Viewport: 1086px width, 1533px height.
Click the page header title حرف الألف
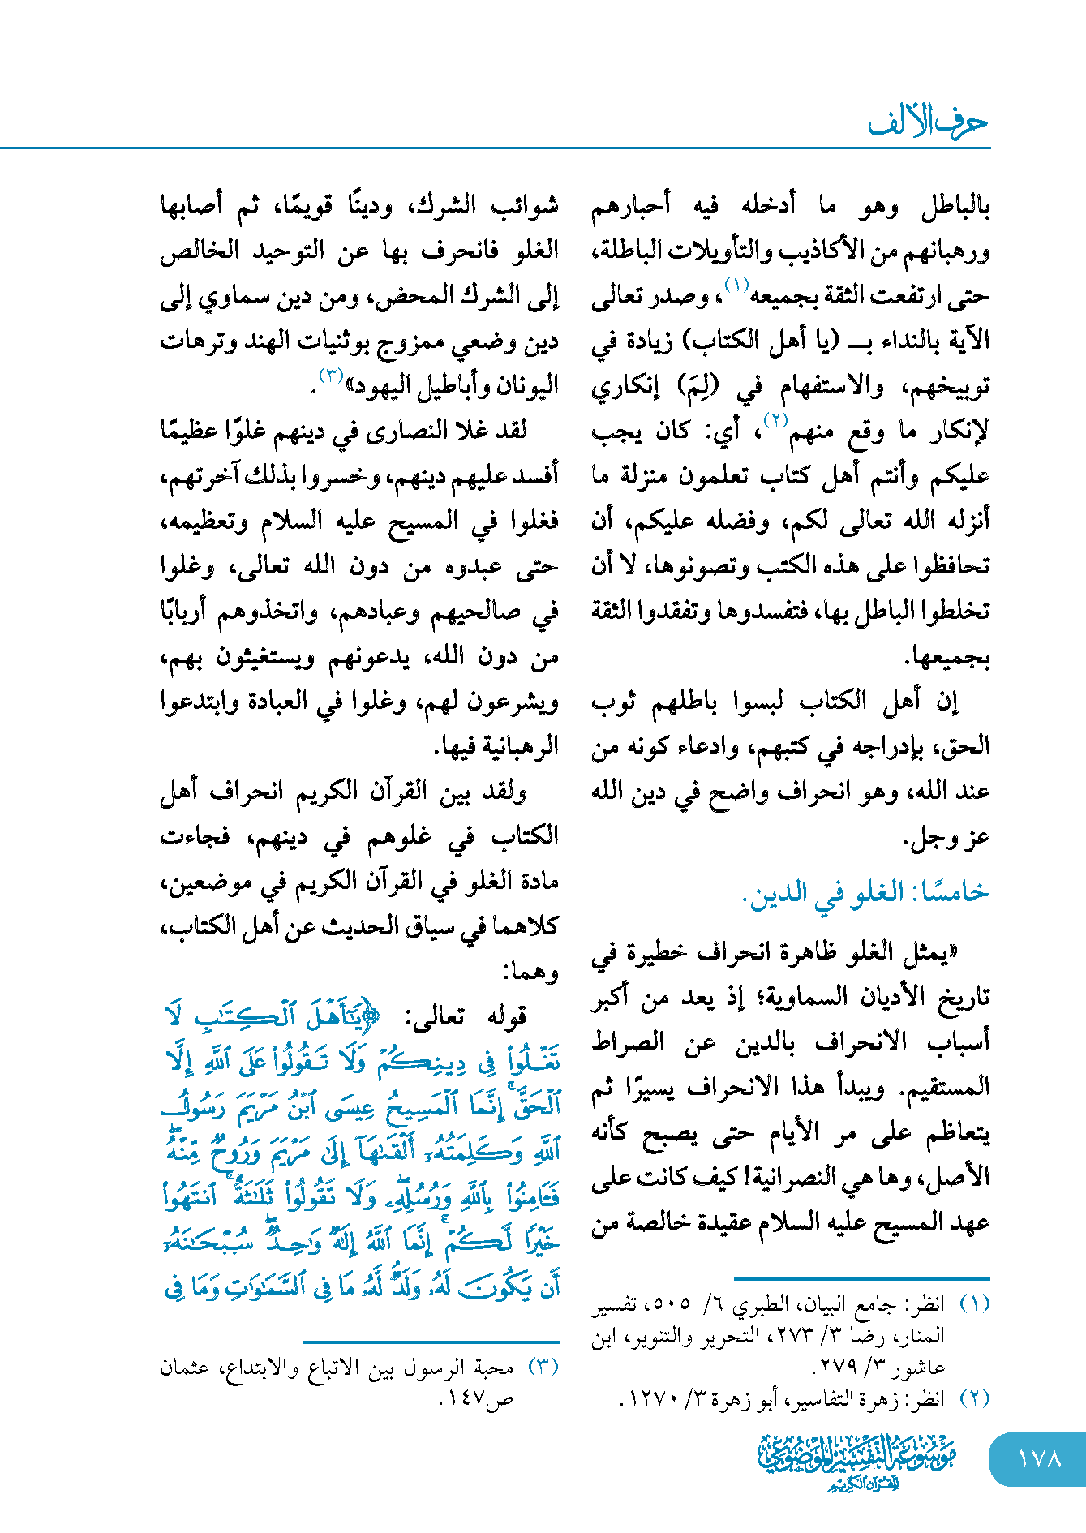tap(928, 122)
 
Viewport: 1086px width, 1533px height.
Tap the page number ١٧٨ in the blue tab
tap(1039, 1458)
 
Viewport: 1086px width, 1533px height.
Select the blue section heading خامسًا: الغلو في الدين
tap(865, 893)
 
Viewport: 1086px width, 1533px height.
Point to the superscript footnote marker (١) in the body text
tap(736, 285)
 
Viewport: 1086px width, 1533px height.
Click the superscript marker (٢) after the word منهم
tap(776, 419)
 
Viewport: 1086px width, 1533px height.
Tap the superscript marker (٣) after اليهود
tap(333, 375)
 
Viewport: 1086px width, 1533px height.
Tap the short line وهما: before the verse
tap(531, 971)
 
